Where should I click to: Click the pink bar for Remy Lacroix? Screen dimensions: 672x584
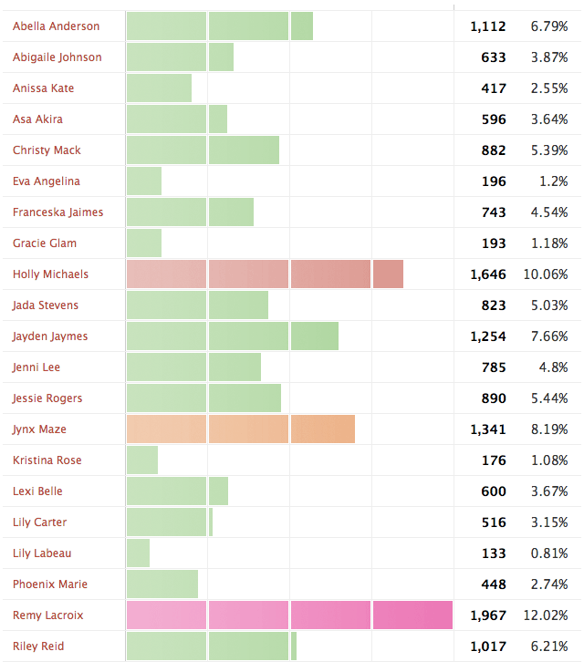pyautogui.click(x=289, y=615)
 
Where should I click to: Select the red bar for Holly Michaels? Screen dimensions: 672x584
pyautogui.click(x=265, y=274)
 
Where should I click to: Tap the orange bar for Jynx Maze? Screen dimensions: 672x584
pyautogui.click(x=241, y=429)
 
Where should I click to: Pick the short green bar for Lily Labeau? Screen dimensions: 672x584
pyautogui.click(x=139, y=553)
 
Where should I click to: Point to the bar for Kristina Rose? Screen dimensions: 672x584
pyautogui.click(x=142, y=460)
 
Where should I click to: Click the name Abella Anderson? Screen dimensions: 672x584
pyautogui.click(x=57, y=26)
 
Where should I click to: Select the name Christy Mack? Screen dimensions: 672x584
pyautogui.click(x=47, y=150)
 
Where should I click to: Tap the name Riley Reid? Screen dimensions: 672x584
pyautogui.click(x=38, y=646)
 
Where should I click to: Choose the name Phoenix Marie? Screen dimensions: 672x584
pyautogui.click(x=50, y=584)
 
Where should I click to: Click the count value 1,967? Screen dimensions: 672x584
pyautogui.click(x=488, y=615)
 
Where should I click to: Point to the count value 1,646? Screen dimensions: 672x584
pyautogui.click(x=488, y=274)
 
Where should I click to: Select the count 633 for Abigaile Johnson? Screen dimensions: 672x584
pyautogui.click(x=494, y=57)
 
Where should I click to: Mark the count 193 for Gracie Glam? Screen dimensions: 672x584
pyautogui.click(x=494, y=243)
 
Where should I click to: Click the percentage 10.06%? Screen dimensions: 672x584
pyautogui.click(x=546, y=274)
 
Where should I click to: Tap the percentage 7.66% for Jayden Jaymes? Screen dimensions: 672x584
pyautogui.click(x=549, y=336)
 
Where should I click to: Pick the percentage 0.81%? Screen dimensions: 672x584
pyautogui.click(x=549, y=553)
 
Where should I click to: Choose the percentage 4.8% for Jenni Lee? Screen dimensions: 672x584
pyautogui.click(x=553, y=367)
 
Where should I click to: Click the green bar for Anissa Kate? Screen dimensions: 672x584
pyautogui.click(x=160, y=88)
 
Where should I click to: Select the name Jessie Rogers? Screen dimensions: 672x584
pyautogui.click(x=47, y=398)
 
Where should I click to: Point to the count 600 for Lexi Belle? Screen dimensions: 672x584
pyautogui.click(x=494, y=491)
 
